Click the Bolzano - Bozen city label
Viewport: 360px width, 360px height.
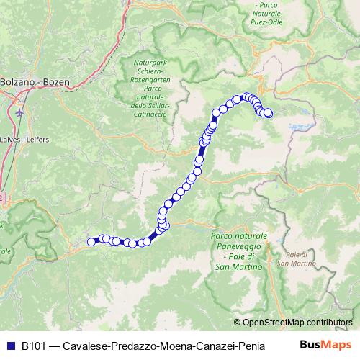(x=36, y=82)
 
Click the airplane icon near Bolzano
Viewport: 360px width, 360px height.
(x=18, y=113)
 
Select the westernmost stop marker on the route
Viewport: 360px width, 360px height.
(x=91, y=242)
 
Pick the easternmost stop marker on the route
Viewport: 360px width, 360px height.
(x=269, y=112)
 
